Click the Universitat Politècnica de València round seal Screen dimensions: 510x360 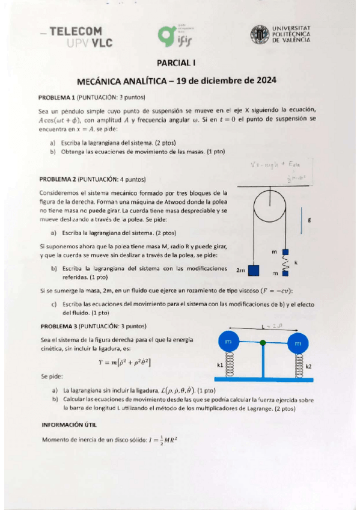pos(260,35)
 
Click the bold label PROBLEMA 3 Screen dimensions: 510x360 pos(59,326)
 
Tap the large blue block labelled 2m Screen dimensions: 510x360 pos(254,270)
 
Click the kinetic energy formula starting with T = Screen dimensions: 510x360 pos(124,361)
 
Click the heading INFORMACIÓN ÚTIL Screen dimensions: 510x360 pos(70,424)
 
